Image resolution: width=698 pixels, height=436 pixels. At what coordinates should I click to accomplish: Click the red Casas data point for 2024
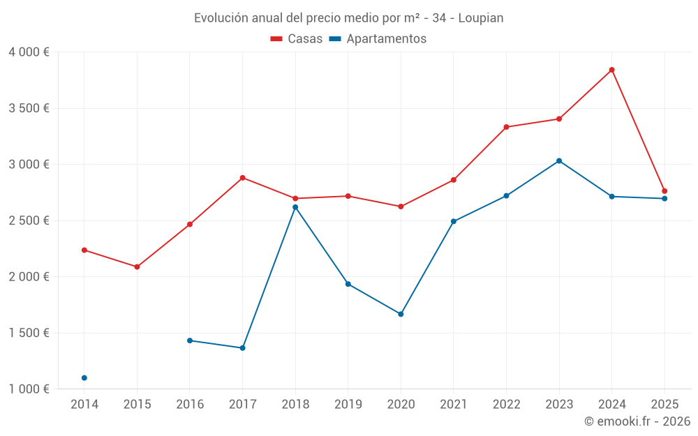tap(611, 70)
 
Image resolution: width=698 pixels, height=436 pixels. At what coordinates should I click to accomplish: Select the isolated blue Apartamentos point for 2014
tap(84, 378)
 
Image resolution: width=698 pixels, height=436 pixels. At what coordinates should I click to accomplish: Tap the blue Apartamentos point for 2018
tap(295, 207)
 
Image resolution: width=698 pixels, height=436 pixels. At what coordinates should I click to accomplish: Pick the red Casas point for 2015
tap(137, 267)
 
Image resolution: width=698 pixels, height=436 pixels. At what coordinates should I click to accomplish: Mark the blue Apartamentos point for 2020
tap(401, 314)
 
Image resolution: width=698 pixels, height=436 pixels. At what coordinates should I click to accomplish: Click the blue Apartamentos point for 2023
tap(559, 161)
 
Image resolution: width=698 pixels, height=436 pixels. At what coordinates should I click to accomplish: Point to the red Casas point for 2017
tap(242, 178)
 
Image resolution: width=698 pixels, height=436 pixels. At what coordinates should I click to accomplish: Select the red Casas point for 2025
tap(664, 191)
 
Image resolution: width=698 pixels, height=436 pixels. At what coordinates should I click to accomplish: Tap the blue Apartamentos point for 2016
tap(190, 340)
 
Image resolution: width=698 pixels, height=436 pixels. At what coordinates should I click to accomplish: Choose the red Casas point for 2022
tap(506, 127)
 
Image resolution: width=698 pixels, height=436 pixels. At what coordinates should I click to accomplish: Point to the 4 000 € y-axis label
tap(29, 52)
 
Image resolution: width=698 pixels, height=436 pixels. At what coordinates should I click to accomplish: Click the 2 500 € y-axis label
tap(29, 220)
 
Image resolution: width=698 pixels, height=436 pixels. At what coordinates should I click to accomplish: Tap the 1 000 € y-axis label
tap(29, 389)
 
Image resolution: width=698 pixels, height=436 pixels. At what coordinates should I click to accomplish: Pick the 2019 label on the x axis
tap(348, 405)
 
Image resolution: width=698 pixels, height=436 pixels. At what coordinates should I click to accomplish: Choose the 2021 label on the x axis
tap(453, 405)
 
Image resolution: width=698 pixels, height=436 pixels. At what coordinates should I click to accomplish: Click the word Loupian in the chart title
tap(481, 18)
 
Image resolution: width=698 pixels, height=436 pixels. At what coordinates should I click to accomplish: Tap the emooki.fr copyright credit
tap(637, 421)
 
